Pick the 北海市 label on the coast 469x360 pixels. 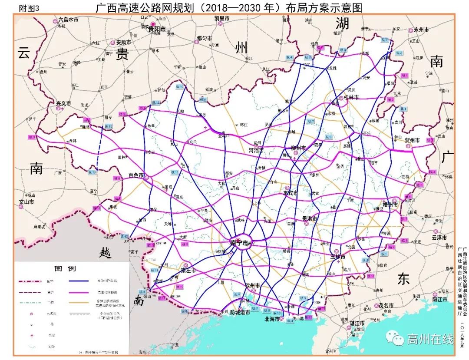pos(272,318)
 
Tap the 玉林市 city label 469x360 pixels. pos(337,257)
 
